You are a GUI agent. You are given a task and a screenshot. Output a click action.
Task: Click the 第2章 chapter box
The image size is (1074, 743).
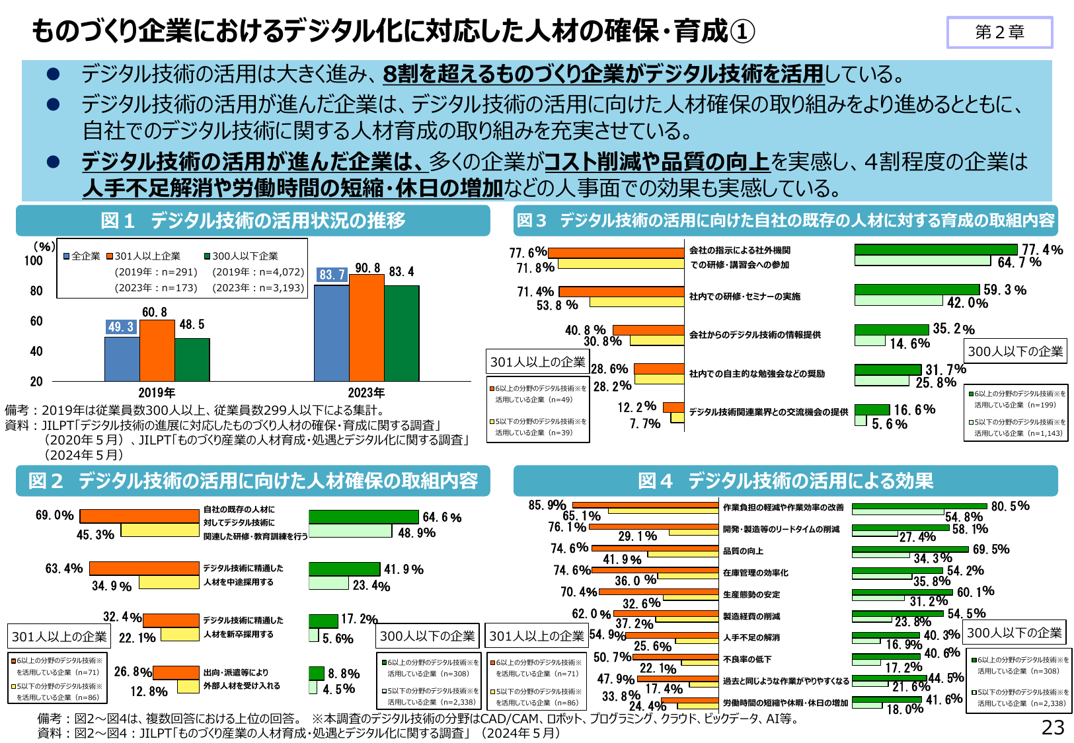click(999, 32)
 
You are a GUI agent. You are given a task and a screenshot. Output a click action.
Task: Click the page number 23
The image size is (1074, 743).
click(1053, 727)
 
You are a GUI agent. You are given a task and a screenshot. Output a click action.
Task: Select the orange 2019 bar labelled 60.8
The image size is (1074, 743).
click(157, 351)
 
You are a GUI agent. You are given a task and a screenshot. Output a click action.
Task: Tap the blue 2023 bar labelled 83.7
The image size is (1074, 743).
click(331, 333)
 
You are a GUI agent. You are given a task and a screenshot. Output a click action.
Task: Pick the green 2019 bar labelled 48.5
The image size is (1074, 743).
click(192, 360)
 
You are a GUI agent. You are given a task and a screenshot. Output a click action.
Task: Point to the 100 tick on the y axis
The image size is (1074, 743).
click(33, 261)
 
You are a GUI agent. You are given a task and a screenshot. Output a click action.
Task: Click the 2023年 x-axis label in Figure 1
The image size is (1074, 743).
click(366, 392)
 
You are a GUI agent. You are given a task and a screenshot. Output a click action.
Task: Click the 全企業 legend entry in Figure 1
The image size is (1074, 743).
click(82, 256)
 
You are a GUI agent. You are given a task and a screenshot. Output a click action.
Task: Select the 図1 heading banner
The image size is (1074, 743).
click(253, 221)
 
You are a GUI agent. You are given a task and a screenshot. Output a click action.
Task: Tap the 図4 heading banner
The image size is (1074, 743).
click(785, 481)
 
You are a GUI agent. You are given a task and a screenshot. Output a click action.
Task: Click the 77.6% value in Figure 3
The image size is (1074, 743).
click(527, 252)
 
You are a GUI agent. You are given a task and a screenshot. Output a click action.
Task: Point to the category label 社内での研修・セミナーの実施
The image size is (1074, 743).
click(744, 297)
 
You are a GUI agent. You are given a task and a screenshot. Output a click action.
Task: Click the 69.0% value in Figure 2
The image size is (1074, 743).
click(54, 515)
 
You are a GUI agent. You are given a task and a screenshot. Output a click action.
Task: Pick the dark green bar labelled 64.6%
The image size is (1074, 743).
click(364, 517)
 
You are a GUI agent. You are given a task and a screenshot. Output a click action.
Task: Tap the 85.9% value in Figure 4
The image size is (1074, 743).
click(547, 505)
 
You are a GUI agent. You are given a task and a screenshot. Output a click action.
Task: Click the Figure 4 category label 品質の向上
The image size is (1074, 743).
click(743, 551)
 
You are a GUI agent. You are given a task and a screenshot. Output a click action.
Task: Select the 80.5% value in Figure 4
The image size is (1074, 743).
click(1010, 506)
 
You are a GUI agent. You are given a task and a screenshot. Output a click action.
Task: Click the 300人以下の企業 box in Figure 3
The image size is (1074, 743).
click(1015, 351)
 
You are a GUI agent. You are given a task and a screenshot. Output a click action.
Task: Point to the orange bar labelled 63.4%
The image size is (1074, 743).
click(144, 568)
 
